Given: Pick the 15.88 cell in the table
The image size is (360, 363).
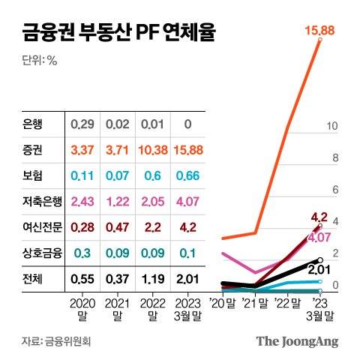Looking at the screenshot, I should click(x=187, y=151).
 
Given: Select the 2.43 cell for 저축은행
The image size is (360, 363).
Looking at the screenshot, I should click(x=82, y=202).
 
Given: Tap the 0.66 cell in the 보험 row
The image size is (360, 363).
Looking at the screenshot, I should click(x=187, y=176).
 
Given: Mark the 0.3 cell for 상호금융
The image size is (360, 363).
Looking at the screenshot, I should click(x=82, y=253).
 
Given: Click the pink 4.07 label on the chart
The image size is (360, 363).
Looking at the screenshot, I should click(x=320, y=238).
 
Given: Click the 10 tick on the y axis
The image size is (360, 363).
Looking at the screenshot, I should click(x=332, y=126).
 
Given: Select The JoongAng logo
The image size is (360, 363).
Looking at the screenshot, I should click(x=297, y=341).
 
